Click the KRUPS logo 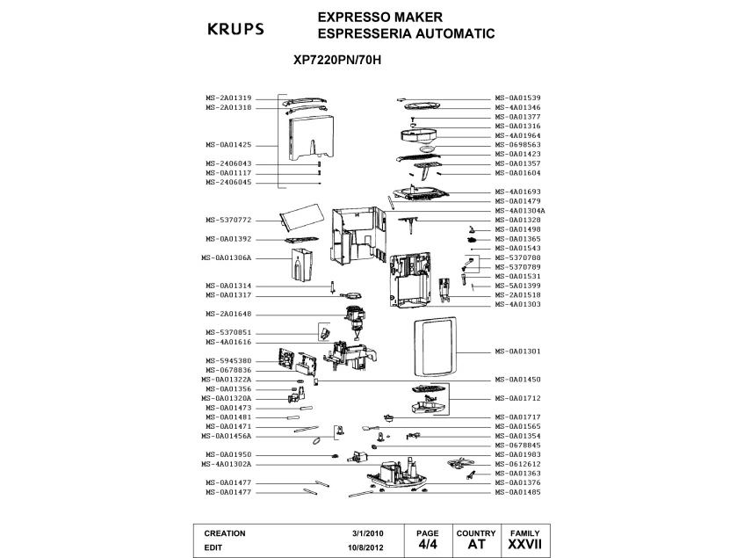click(x=235, y=28)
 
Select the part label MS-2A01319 click(x=228, y=98)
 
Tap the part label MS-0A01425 click(x=228, y=144)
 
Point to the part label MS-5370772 click(x=228, y=220)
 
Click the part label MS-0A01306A click(x=227, y=258)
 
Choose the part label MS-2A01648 click(x=228, y=314)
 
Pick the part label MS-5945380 click(x=228, y=360)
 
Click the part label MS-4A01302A click(x=227, y=464)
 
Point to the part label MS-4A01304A click(x=520, y=211)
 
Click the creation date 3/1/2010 click(x=368, y=533)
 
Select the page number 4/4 click(x=428, y=545)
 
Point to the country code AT click(x=476, y=546)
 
